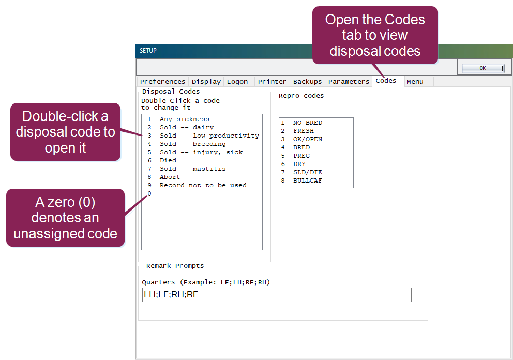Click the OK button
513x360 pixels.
click(483, 68)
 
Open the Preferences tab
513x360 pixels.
click(162, 82)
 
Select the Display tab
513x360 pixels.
click(206, 82)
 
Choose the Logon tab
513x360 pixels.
click(237, 82)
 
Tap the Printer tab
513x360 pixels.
click(272, 82)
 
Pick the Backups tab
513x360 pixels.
click(307, 82)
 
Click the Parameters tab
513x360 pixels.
click(349, 82)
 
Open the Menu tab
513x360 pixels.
click(415, 82)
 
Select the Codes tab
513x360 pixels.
click(386, 81)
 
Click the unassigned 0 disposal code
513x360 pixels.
click(149, 193)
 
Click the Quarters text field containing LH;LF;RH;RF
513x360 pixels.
click(277, 295)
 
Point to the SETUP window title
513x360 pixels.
click(148, 51)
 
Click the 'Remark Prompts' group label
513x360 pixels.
click(175, 266)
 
